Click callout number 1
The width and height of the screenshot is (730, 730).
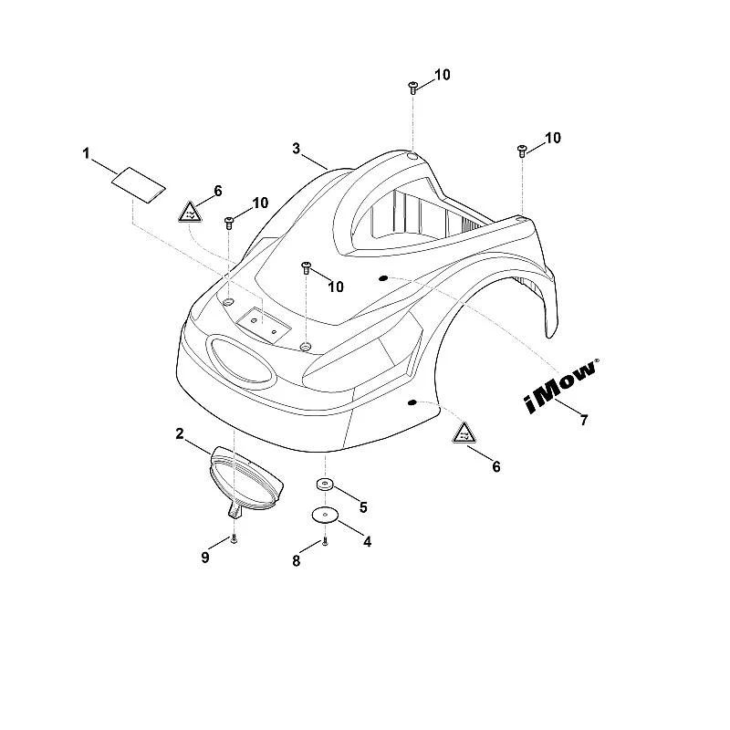86,153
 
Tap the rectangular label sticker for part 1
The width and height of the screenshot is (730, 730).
139,185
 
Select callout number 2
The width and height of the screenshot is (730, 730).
180,434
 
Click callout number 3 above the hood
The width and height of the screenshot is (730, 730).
297,149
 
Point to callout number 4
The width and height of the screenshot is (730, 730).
368,541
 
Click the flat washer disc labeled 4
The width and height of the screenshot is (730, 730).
325,516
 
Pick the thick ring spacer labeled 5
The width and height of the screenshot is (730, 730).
325,485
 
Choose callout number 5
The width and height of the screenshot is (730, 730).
363,507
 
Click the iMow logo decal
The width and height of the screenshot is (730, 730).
561,386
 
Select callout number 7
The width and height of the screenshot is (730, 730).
584,420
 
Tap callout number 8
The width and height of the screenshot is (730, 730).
296,561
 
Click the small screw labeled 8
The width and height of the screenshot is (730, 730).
325,542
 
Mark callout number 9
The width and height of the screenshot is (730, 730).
205,558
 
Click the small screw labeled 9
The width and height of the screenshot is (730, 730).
235,539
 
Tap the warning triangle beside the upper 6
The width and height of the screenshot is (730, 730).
190,213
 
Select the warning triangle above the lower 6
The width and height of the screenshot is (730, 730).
464,433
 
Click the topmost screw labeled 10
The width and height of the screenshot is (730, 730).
412,88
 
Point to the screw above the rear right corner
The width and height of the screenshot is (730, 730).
522,151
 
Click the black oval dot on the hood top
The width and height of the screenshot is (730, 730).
382,278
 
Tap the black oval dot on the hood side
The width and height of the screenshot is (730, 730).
412,402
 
